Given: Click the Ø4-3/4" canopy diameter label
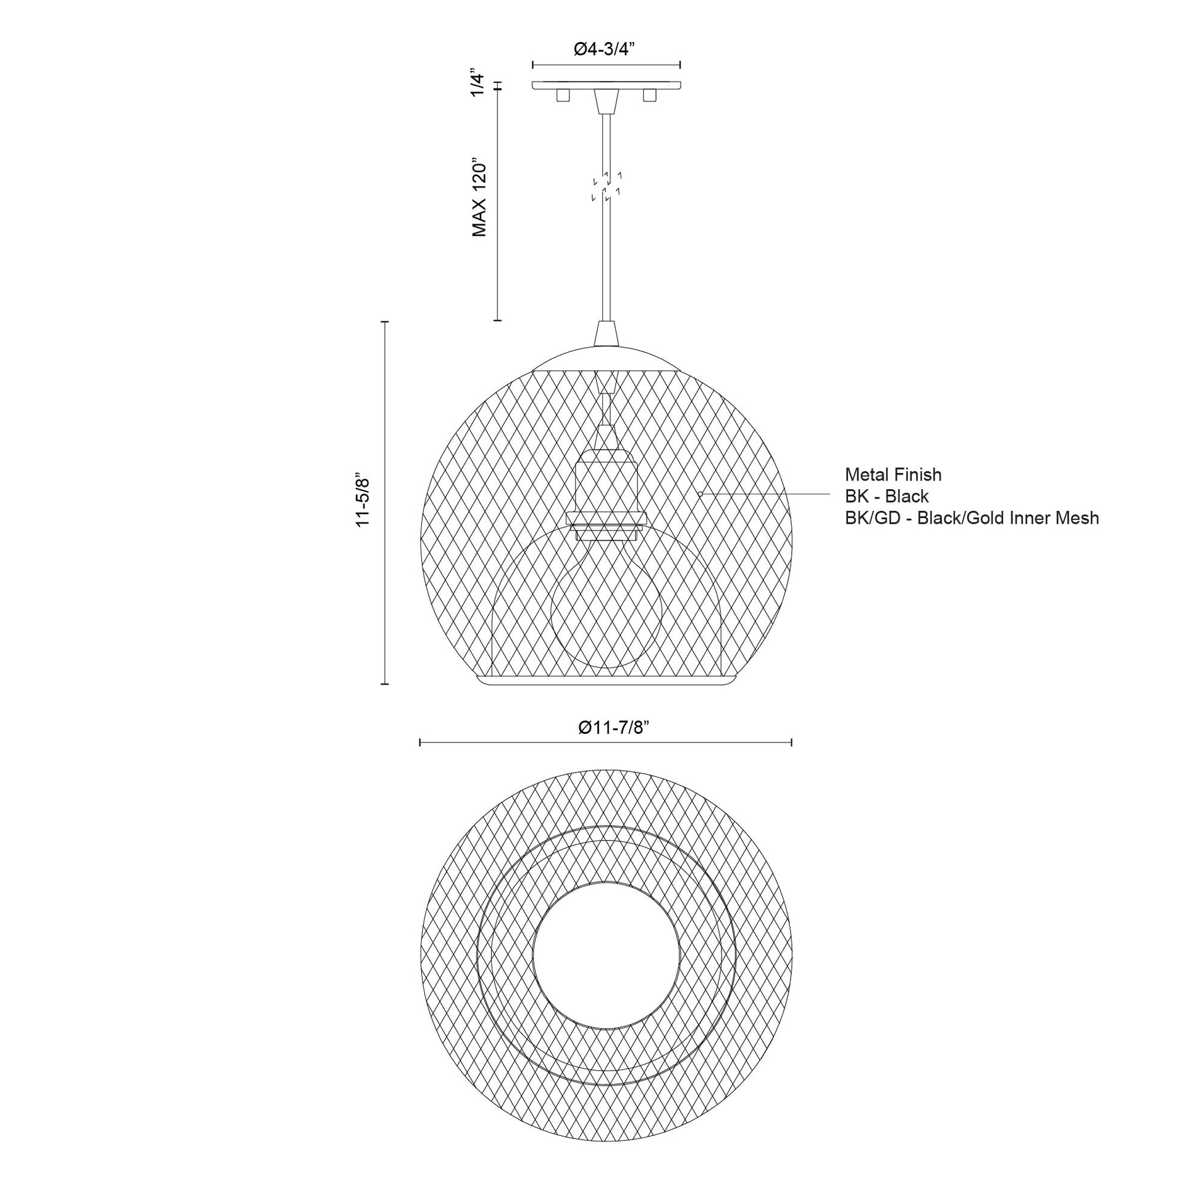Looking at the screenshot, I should pyautogui.click(x=605, y=49).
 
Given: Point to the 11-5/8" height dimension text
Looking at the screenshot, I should pyautogui.click(x=363, y=502).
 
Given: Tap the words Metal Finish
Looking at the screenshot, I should pyautogui.click(x=893, y=475).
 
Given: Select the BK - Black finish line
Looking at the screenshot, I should pyautogui.click(x=886, y=496).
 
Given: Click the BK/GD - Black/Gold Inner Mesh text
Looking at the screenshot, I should pyautogui.click(x=971, y=518).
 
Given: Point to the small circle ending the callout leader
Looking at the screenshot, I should pyautogui.click(x=700, y=494).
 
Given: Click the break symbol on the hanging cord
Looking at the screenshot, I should pyautogui.click(x=607, y=185).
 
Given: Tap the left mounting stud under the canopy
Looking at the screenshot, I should pyautogui.click(x=563, y=95).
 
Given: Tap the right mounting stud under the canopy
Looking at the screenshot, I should pyautogui.click(x=650, y=95).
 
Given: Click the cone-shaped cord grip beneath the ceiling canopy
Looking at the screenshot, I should pyautogui.click(x=606, y=101).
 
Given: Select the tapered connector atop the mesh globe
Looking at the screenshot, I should pyautogui.click(x=606, y=334).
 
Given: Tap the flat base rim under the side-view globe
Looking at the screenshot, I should pyautogui.click(x=606, y=682).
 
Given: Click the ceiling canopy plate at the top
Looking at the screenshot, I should pyautogui.click(x=606, y=85).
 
